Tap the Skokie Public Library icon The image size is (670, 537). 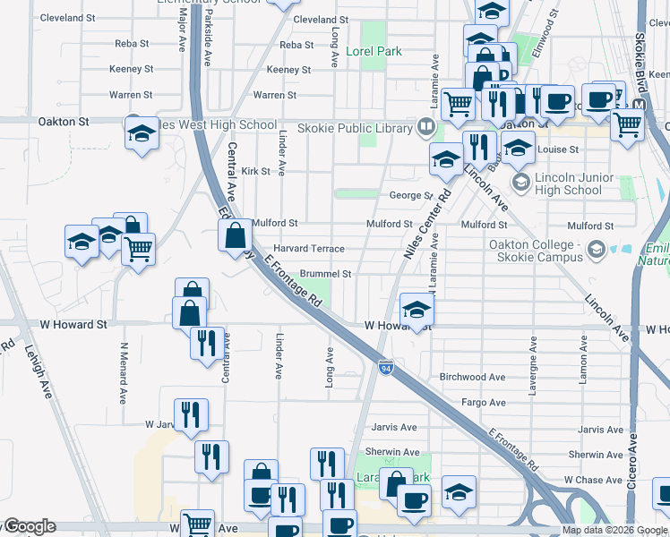(x=425, y=128)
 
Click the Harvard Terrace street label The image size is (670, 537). (x=308, y=249)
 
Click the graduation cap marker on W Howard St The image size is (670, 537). (x=417, y=311)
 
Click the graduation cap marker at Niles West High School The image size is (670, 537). (x=142, y=132)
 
